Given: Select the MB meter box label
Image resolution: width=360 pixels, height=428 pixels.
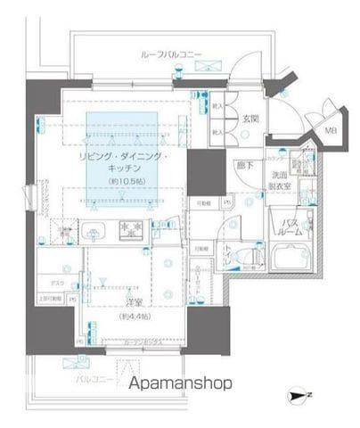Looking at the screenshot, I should click(x=330, y=131).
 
